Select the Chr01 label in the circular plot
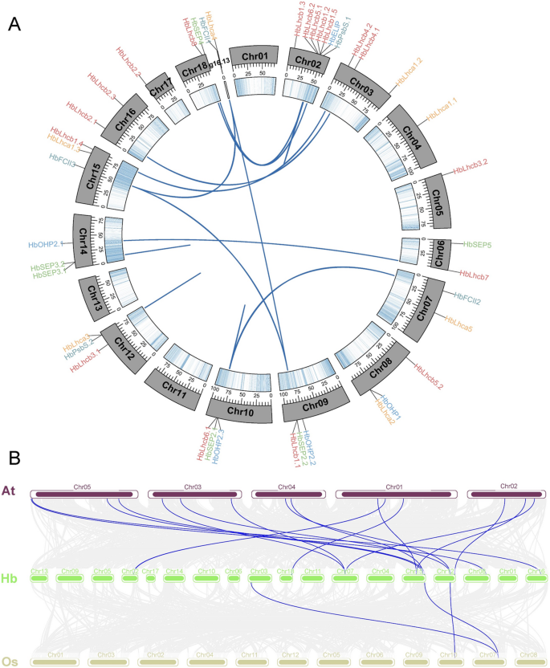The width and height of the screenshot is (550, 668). (248, 58)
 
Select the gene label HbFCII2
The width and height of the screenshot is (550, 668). (472, 298)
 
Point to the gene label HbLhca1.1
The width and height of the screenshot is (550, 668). (441, 108)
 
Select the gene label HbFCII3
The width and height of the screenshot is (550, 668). (63, 161)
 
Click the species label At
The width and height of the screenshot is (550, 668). (10, 491)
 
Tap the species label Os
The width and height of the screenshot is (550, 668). (10, 662)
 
